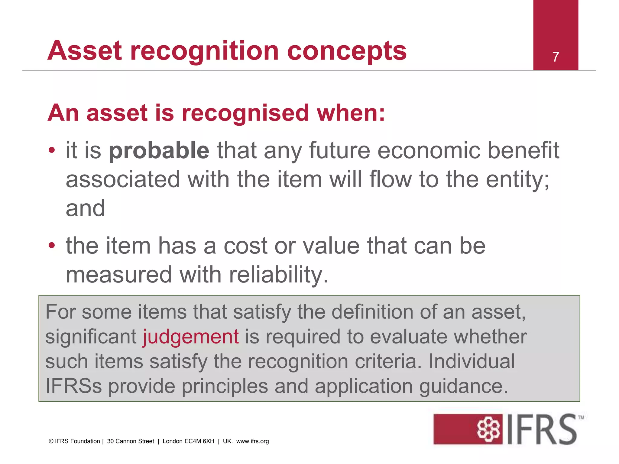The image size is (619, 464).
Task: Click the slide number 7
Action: click(556, 57)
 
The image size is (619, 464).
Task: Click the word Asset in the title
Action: click(85, 51)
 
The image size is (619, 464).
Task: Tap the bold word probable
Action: click(159, 150)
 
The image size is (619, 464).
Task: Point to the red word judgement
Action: click(191, 337)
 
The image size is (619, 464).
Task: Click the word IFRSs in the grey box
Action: click(73, 386)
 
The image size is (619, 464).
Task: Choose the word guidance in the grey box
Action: click(463, 387)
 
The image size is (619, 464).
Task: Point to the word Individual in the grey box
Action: click(472, 361)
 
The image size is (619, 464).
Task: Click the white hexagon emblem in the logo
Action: click(488, 429)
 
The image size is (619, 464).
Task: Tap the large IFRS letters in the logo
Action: click(541, 429)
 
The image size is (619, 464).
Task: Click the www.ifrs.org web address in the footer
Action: click(252, 441)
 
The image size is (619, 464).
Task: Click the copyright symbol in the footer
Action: click(51, 441)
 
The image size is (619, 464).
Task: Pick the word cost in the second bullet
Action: click(245, 246)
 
